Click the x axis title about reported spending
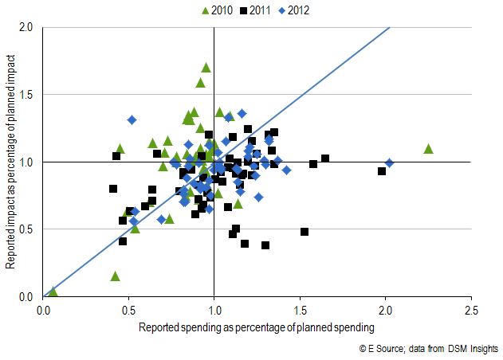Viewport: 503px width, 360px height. (256, 327)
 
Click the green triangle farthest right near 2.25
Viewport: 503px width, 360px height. (428, 149)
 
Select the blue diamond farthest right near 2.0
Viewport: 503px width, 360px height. (389, 162)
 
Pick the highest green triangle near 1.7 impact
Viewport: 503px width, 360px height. (206, 68)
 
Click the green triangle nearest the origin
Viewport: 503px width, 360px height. (53, 292)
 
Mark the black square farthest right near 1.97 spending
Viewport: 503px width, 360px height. (382, 171)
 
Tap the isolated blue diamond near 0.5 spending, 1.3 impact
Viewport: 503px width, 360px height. (132, 119)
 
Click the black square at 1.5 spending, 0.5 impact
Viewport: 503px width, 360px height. (305, 232)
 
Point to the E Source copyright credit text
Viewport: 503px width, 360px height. (429, 349)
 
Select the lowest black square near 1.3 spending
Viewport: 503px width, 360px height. (265, 245)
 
